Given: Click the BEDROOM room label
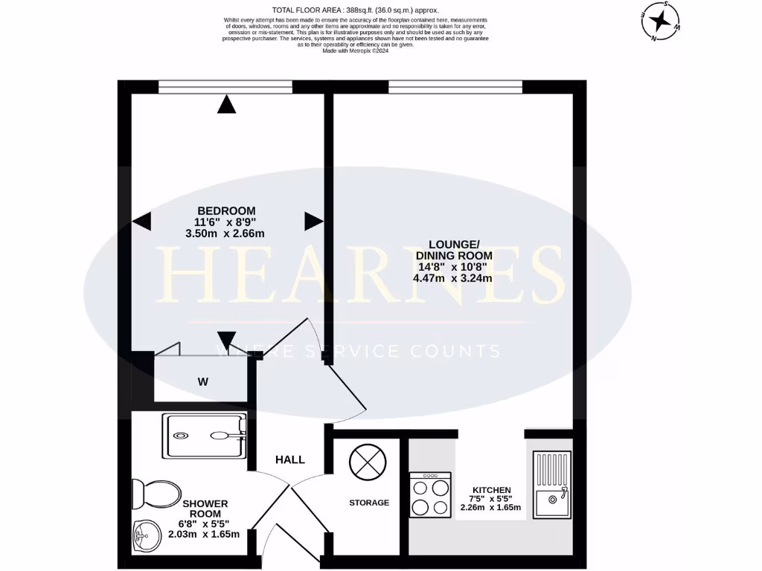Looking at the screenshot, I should pyautogui.click(x=225, y=210).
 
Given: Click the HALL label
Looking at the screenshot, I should pyautogui.click(x=290, y=459).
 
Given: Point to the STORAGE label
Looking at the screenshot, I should pyautogui.click(x=370, y=503).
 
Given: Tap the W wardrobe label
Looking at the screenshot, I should pyautogui.click(x=202, y=383).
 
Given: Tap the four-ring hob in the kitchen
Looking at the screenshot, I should pyautogui.click(x=430, y=495).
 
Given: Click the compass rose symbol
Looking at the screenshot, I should pyautogui.click(x=659, y=20).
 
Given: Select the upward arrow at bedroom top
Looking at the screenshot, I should pyautogui.click(x=227, y=106).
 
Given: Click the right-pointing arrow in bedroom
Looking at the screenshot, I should pyautogui.click(x=313, y=221).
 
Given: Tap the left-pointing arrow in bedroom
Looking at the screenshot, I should pyautogui.click(x=141, y=221).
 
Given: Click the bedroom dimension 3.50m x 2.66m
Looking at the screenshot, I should pyautogui.click(x=225, y=233).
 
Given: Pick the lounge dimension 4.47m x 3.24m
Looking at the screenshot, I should pyautogui.click(x=453, y=279).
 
